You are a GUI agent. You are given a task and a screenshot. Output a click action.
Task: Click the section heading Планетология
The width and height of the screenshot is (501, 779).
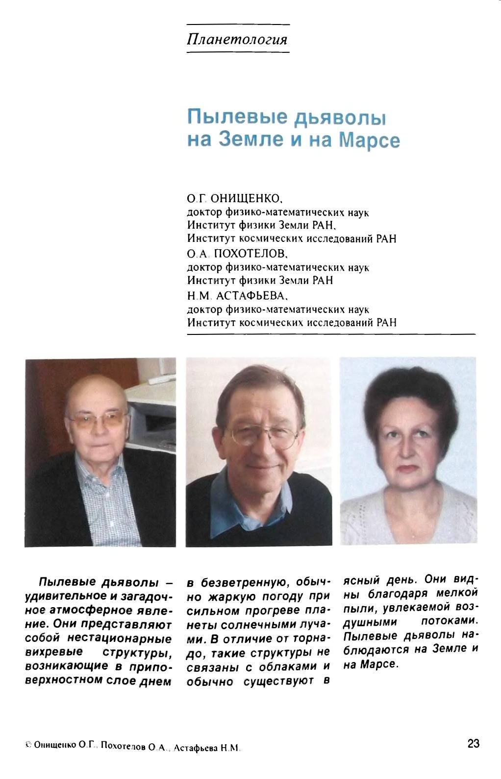pyautogui.click(x=237, y=39)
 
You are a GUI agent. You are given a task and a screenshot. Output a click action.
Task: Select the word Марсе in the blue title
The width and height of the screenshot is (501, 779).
pyautogui.click(x=370, y=141)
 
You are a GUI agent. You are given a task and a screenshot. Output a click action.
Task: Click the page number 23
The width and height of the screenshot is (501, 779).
pyautogui.click(x=473, y=743)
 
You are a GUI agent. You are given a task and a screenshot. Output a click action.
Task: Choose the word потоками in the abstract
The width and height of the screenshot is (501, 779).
pyautogui.click(x=449, y=621)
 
